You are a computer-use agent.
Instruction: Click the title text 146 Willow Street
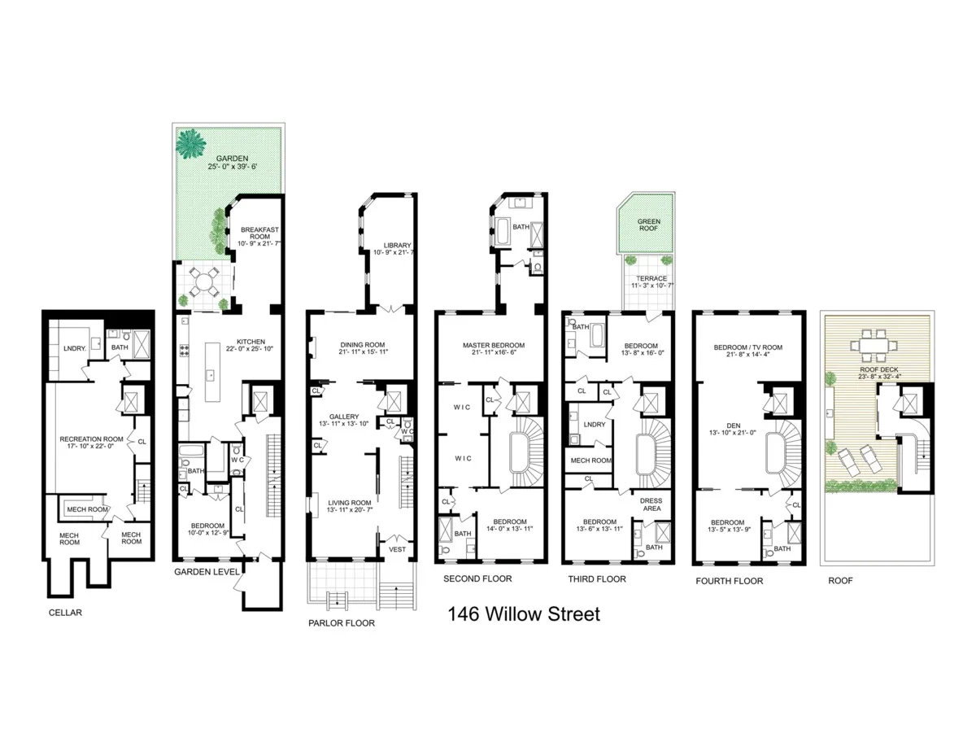coord(524,614)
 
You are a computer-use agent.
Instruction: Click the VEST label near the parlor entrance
coord(398,550)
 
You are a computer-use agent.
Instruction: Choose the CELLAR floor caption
coord(64,613)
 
